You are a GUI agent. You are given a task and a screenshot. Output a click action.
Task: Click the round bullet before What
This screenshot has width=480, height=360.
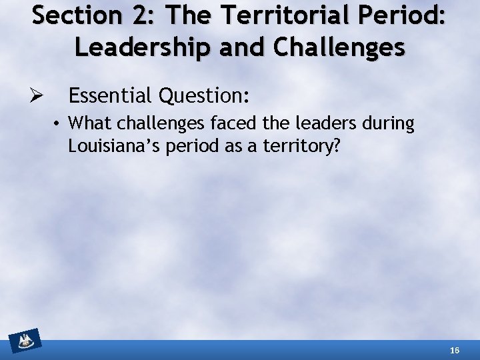coord(59,124)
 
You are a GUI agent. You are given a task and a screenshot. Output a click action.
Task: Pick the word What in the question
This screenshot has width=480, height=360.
coord(86,123)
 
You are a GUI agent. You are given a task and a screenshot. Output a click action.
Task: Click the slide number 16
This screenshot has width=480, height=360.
coord(455,350)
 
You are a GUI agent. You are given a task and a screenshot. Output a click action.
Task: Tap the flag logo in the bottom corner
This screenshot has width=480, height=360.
coord(25,341)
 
